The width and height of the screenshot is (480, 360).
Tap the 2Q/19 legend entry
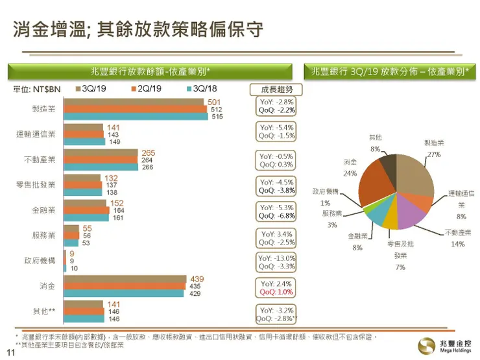pos(147,88)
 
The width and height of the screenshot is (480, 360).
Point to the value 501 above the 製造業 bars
pos(214,102)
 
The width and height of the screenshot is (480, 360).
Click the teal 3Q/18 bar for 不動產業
pos(101,167)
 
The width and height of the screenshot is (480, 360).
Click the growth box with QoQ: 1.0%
pos(277,288)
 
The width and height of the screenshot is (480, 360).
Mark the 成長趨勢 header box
pos(277,89)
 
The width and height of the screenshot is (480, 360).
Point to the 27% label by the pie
pos(434,154)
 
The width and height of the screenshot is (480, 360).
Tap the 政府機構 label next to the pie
pos(326,191)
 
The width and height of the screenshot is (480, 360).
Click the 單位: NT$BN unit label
pos(36,88)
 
